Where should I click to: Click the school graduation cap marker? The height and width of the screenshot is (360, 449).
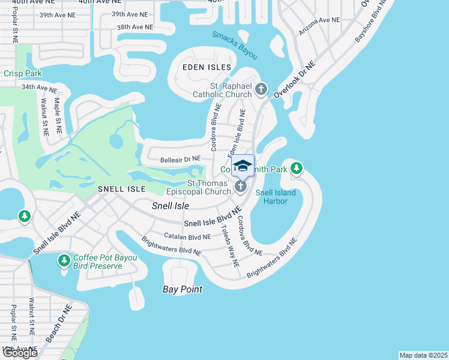(243, 166)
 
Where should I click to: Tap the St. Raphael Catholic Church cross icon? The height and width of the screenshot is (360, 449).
(261, 90)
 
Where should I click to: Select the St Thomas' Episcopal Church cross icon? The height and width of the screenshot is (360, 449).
(240, 187)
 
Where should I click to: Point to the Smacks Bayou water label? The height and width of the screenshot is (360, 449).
(234, 45)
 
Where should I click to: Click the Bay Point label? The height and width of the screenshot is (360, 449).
(182, 289)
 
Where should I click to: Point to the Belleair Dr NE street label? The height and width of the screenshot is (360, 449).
(180, 160)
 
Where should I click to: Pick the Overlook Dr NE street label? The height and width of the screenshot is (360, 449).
(294, 80)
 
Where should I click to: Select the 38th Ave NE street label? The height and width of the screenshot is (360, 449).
(135, 27)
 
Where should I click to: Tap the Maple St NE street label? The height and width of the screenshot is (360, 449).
(58, 111)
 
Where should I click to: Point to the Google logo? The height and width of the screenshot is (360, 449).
(19, 353)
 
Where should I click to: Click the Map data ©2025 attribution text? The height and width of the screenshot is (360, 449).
(424, 355)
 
